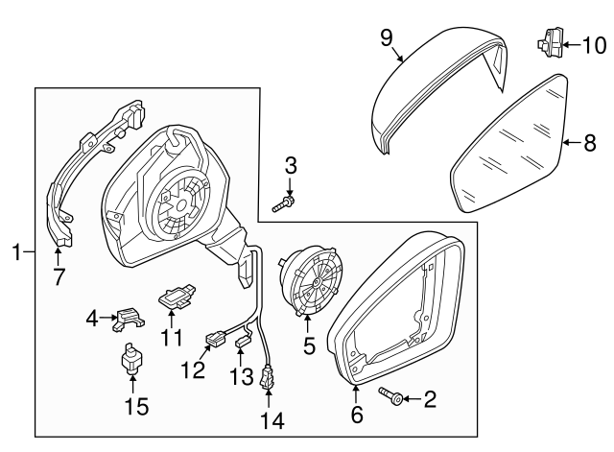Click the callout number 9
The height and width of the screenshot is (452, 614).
387,37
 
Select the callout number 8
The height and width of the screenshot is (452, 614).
591,143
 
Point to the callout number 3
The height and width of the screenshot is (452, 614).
290,167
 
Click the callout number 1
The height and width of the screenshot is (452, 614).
15,252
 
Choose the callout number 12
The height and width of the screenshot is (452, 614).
195,369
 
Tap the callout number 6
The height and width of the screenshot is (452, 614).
356,415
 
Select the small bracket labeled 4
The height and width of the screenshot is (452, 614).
128,317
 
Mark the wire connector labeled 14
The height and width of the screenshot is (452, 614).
267,378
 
